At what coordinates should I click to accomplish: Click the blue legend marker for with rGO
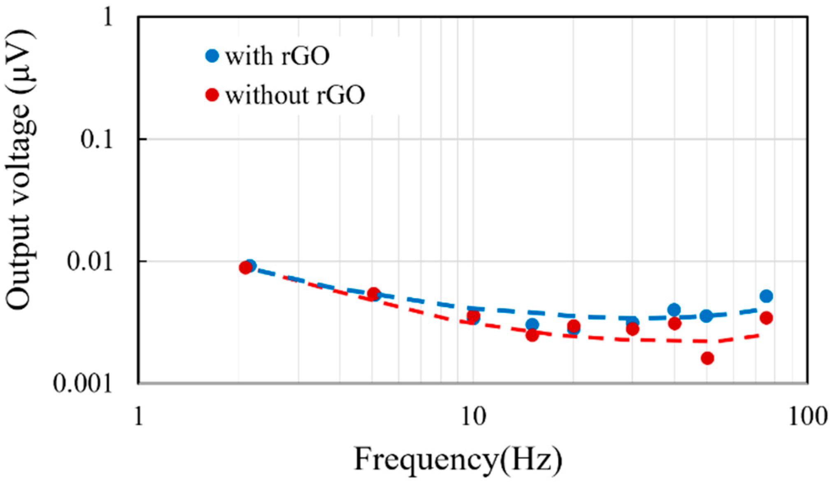[212, 56]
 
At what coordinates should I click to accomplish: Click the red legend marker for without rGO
[212, 95]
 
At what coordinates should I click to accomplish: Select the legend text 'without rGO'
[295, 95]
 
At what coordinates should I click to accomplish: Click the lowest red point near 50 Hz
[707, 358]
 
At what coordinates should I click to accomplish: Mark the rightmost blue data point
[766, 296]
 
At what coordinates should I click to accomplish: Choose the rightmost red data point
[766, 318]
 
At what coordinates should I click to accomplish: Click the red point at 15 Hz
[532, 336]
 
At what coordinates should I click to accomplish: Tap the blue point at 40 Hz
[674, 310]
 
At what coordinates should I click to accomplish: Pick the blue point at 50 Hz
[707, 316]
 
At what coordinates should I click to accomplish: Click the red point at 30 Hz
[633, 329]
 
